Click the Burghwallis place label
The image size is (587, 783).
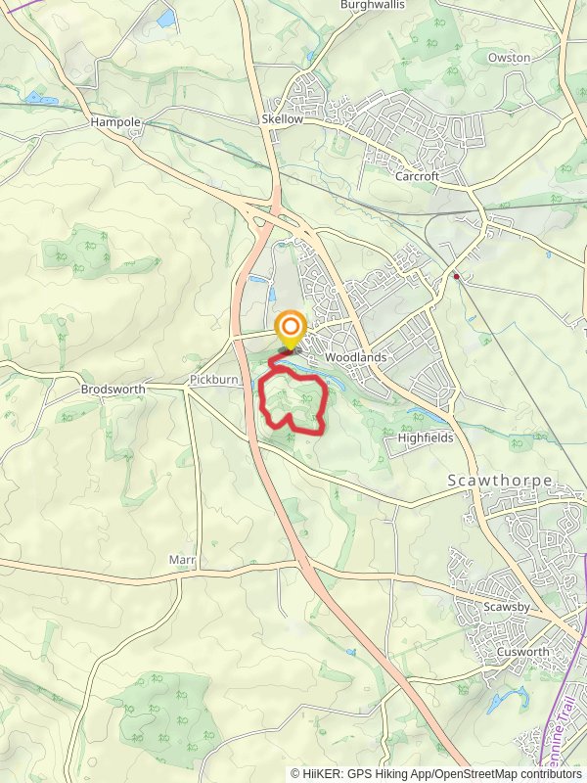click(x=372, y=5)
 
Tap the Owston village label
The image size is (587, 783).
click(x=509, y=58)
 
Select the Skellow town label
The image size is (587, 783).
click(x=283, y=118)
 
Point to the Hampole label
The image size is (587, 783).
click(x=115, y=122)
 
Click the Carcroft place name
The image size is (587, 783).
click(x=418, y=177)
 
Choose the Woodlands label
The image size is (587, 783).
click(x=355, y=358)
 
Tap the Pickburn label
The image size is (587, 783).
click(x=214, y=378)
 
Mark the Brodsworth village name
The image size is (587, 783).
click(x=113, y=389)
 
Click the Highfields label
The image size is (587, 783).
click(x=426, y=438)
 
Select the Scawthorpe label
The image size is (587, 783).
click(x=500, y=482)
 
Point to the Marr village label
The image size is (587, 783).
click(x=182, y=561)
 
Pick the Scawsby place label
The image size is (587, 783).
click(x=507, y=608)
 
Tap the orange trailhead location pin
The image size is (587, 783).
click(x=291, y=328)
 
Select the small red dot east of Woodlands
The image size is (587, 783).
click(x=456, y=277)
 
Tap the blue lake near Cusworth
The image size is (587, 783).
click(x=507, y=699)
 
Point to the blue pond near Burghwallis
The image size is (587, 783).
click(x=165, y=18)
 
